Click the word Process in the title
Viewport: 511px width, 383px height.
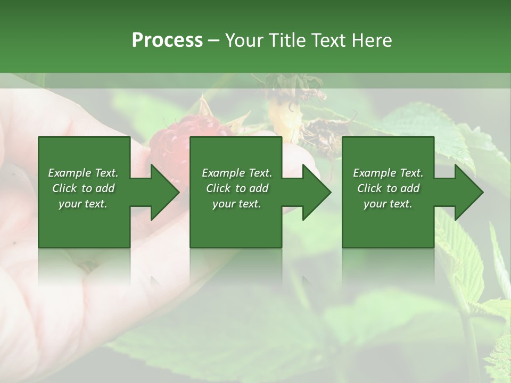pos(167,40)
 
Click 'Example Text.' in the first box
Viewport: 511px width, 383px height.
pos(83,173)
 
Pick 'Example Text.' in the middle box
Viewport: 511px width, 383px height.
pos(237,173)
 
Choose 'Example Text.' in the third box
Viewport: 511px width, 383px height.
pos(388,173)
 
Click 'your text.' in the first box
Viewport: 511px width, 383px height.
pos(83,204)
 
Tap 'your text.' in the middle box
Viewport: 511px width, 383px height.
pos(237,204)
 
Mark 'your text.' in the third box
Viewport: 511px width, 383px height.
pos(388,204)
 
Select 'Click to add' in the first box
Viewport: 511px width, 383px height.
pos(83,188)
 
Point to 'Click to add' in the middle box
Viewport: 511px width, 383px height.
pos(237,188)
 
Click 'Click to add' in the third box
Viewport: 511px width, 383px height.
pos(388,188)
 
